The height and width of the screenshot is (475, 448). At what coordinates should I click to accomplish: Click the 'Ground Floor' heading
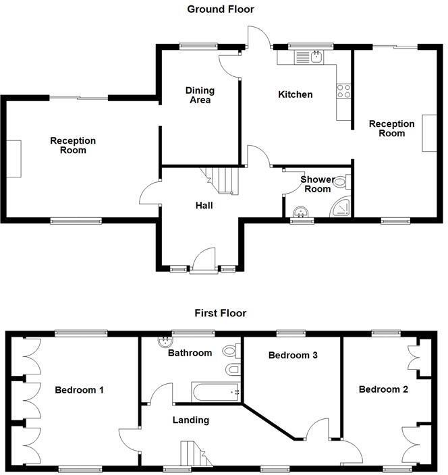(x=221, y=9)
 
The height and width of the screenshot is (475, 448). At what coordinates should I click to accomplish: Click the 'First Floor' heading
(x=221, y=313)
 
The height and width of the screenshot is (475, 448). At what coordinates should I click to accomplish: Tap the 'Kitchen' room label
(x=296, y=94)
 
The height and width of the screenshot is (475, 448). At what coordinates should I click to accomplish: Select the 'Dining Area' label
(x=200, y=95)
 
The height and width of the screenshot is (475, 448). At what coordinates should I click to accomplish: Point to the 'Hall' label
(x=204, y=205)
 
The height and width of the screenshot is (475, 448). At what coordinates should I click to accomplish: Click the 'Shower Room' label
(x=317, y=184)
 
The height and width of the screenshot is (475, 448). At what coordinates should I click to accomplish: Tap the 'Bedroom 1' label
(x=80, y=390)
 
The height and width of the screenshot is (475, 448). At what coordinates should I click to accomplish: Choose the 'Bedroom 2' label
(x=382, y=389)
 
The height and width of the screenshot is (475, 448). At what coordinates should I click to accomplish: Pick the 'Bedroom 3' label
(x=293, y=356)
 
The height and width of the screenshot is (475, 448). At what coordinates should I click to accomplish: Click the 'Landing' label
(x=191, y=420)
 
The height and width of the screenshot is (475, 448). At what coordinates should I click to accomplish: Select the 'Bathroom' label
(x=190, y=353)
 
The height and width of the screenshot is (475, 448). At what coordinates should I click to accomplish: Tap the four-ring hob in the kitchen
(x=343, y=90)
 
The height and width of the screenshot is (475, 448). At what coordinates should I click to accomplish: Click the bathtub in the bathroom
(x=217, y=391)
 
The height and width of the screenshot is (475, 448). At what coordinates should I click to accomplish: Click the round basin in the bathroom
(x=163, y=341)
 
